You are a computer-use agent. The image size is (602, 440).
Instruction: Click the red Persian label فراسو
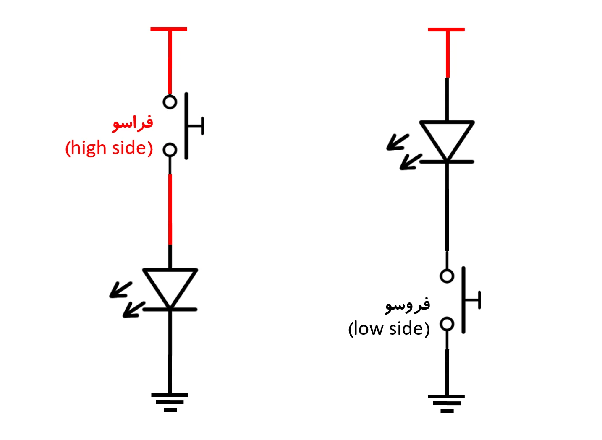point(133,123)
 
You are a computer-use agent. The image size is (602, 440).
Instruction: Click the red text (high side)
point(109,148)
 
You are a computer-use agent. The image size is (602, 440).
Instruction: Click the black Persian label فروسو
point(408,305)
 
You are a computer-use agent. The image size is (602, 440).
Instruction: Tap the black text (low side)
point(389,328)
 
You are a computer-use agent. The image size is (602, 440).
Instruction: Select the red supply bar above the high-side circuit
point(169,29)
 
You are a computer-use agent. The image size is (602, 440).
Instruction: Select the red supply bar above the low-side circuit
point(446,30)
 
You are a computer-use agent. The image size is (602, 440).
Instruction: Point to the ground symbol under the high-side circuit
point(170,401)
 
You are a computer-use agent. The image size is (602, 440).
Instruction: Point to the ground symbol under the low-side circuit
point(447,403)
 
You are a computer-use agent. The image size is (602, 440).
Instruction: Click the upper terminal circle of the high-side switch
point(170,102)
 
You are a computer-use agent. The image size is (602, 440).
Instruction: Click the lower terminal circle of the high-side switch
point(170,150)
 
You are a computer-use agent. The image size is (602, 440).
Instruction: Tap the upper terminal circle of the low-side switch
point(447,276)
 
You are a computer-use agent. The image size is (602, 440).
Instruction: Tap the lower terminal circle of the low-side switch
point(447,324)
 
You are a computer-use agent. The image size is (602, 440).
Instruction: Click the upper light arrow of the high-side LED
point(120,289)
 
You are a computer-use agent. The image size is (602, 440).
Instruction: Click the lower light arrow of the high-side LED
point(133,310)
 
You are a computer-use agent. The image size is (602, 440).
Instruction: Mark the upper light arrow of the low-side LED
point(397,142)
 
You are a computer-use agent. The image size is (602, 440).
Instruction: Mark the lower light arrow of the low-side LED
point(410,161)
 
